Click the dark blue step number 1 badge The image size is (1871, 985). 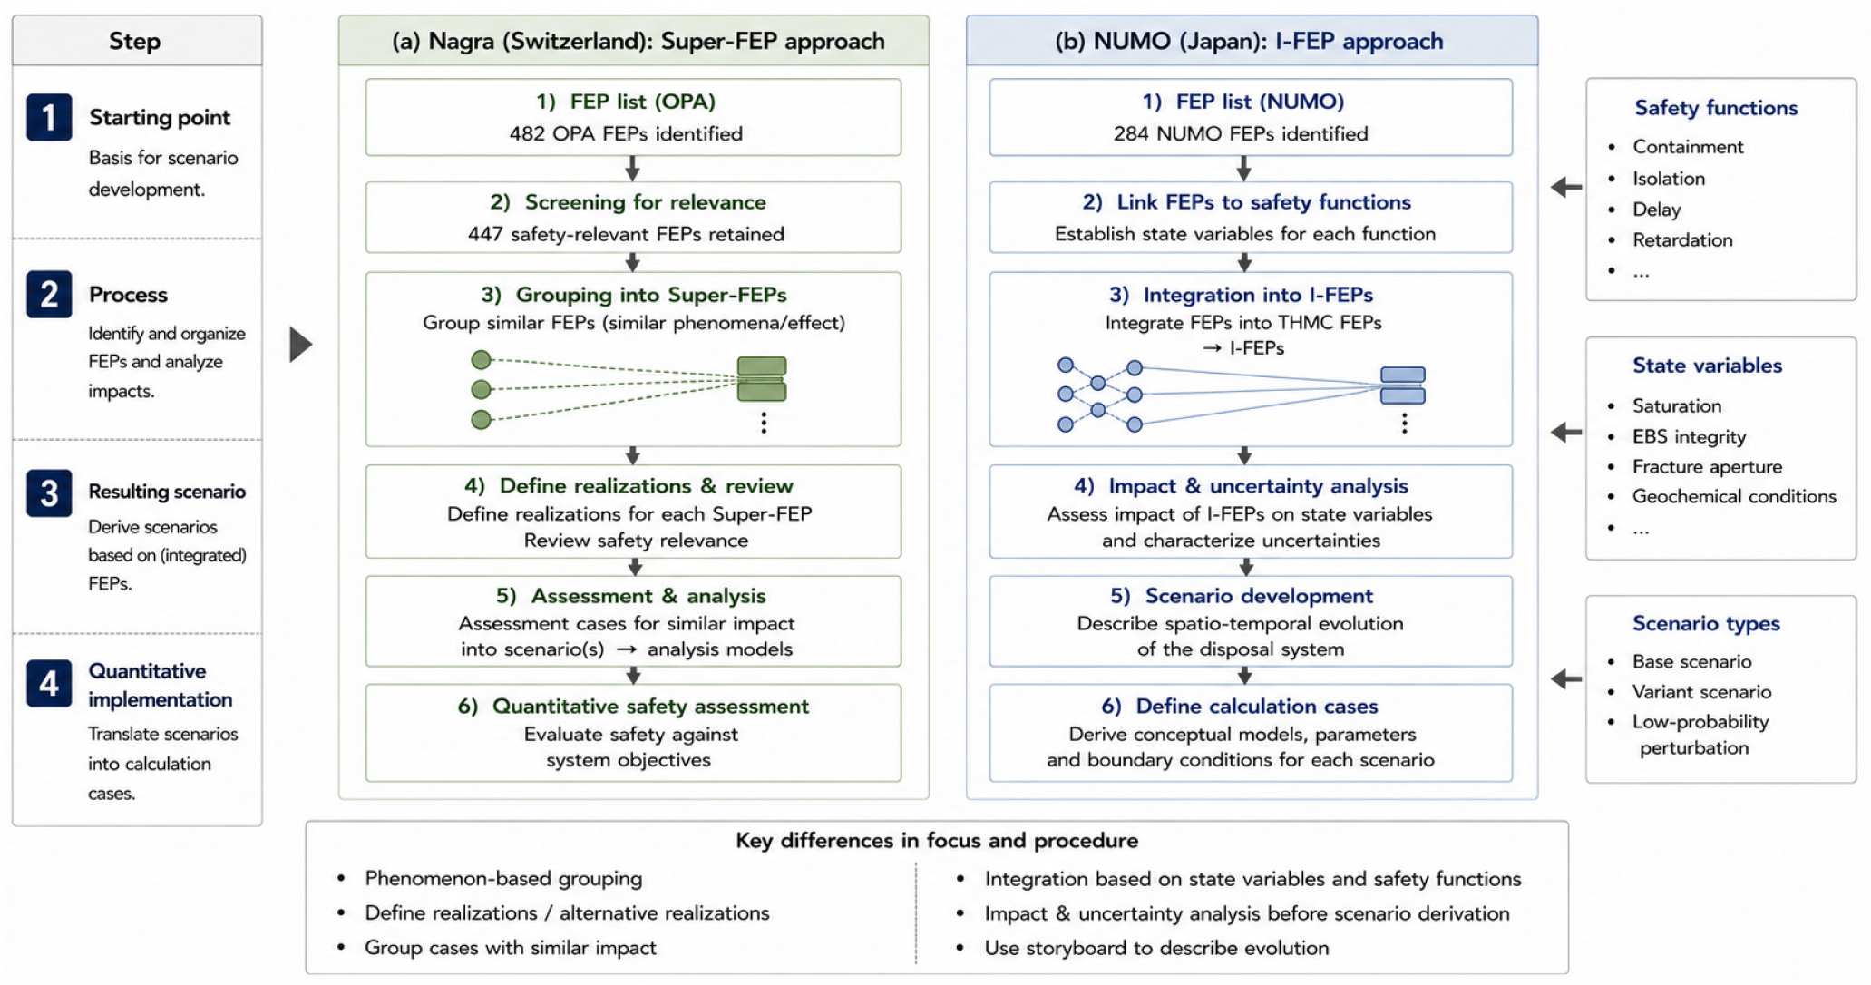[x=49, y=117]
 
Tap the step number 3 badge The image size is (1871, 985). [x=49, y=492]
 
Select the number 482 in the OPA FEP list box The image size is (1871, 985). [x=527, y=133]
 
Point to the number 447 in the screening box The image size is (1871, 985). [x=485, y=234]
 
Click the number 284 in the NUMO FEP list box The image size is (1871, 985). [x=1132, y=133]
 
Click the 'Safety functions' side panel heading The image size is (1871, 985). [x=1716, y=108]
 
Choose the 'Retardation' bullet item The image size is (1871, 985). [x=1682, y=240]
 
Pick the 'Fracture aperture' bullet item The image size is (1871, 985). [x=1707, y=466]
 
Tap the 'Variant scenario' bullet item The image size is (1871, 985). [x=1701, y=692]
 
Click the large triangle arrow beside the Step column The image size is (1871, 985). [x=300, y=344]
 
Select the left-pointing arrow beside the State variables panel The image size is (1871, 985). [x=1566, y=433]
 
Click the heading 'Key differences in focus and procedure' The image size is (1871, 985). [x=937, y=841]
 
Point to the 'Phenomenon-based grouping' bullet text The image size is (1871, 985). [x=503, y=878]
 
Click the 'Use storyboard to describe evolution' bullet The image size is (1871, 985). [x=1157, y=948]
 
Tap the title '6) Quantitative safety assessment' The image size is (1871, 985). [x=633, y=706]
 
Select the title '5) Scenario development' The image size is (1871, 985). [x=1242, y=596]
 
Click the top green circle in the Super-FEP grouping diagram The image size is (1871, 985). [x=482, y=360]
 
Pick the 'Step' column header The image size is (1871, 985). [x=135, y=41]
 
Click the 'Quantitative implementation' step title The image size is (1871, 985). [x=161, y=685]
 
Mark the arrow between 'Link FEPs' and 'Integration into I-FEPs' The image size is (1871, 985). [x=1244, y=262]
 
